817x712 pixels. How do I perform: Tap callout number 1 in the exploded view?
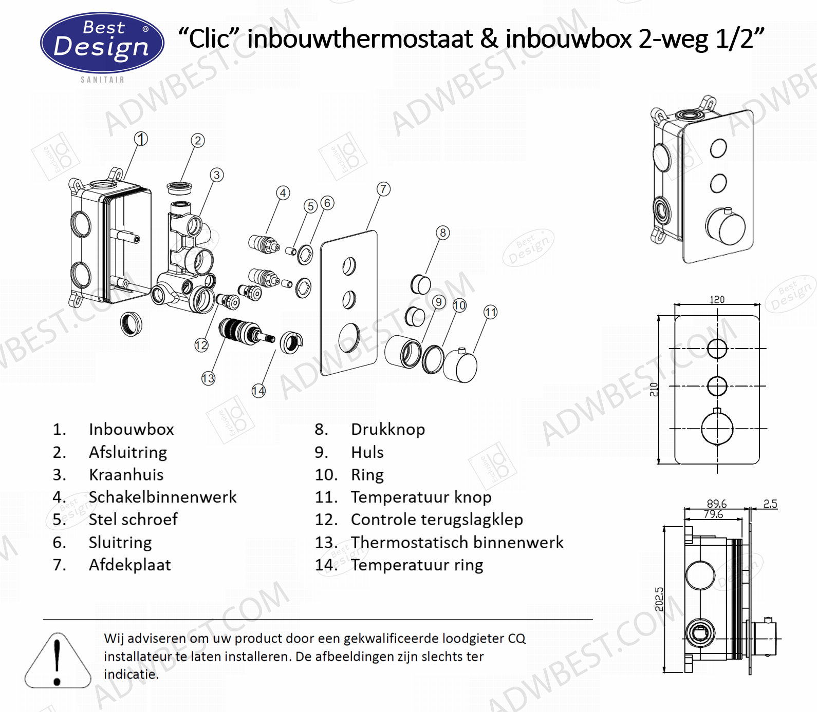(141, 139)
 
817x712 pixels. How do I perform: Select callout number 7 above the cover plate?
(383, 189)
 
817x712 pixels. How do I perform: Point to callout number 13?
(208, 379)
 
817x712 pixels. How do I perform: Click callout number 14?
(258, 391)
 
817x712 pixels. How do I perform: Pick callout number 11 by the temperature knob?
(491, 312)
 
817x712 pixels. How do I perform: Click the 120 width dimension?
(717, 300)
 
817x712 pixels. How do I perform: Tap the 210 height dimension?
(654, 390)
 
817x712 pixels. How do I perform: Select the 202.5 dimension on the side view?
(660, 599)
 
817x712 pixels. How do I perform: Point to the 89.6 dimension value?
(717, 504)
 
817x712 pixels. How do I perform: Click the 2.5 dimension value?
(770, 504)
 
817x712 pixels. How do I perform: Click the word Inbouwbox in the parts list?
(132, 429)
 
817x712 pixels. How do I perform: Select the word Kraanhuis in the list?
(126, 475)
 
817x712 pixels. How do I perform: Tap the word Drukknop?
(388, 430)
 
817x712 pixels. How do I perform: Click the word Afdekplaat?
(130, 565)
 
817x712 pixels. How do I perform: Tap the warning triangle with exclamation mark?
(58, 661)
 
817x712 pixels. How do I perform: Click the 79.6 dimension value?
(713, 514)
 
